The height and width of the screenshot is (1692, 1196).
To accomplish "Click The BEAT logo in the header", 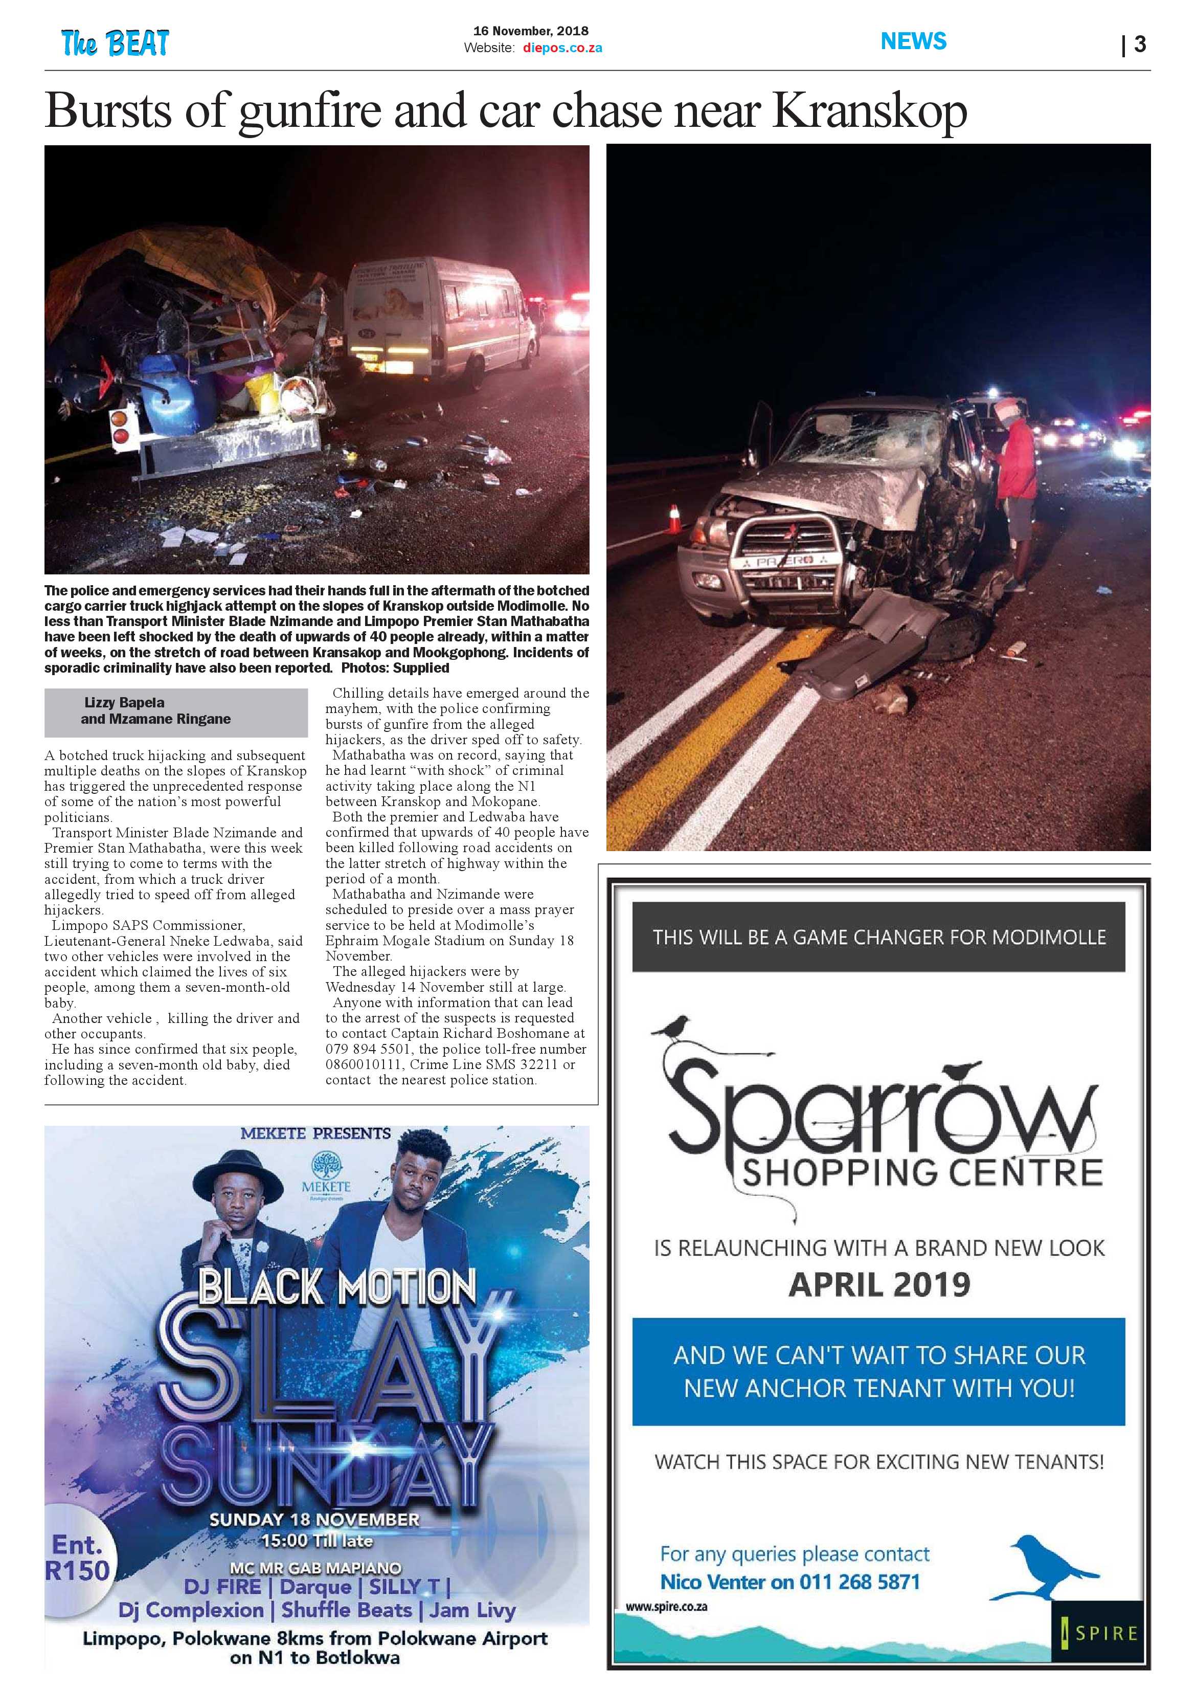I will [x=115, y=43].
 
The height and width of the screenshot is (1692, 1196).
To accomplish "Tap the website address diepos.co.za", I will [x=562, y=48].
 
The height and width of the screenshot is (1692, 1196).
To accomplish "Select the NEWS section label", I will [x=913, y=41].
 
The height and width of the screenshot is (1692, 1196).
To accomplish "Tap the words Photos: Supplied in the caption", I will [x=421, y=667].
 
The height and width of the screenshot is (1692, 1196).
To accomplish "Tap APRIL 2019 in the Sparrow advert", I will [x=879, y=1284].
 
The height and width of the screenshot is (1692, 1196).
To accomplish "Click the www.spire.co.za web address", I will [x=666, y=1607].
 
